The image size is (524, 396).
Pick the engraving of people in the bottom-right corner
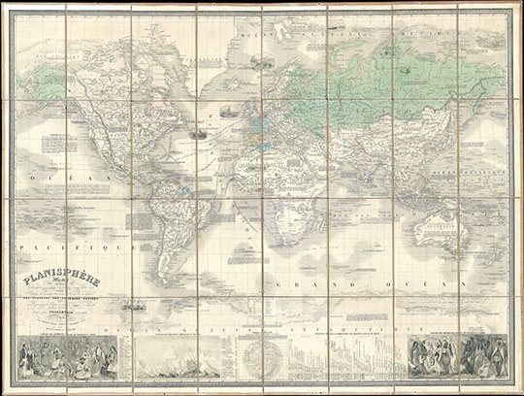point(456,360)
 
